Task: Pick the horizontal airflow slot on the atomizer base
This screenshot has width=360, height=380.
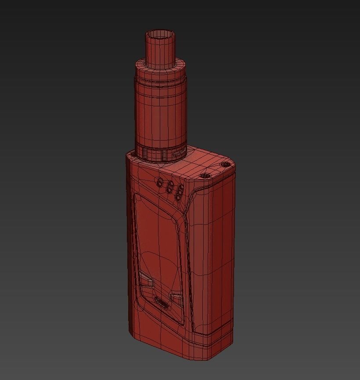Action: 178,154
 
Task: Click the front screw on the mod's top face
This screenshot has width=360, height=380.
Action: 204,176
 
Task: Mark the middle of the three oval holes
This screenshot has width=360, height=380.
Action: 169,188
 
